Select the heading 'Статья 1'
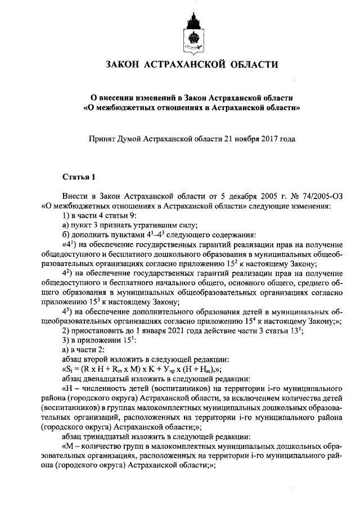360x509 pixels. (x=78, y=178)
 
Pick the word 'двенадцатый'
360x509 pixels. (x=106, y=379)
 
